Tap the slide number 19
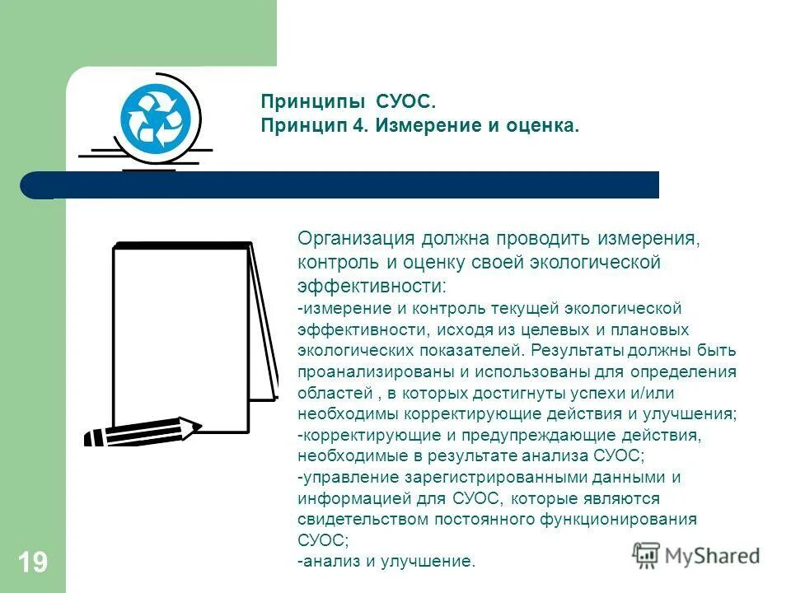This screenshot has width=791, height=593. [x=32, y=563]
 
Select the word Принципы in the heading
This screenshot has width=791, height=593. [x=314, y=102]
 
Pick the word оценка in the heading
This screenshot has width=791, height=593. [x=541, y=127]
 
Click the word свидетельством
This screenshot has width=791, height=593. [x=356, y=521]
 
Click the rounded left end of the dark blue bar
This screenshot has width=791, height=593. [x=33, y=184]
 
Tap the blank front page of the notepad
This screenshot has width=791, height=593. [x=180, y=338]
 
